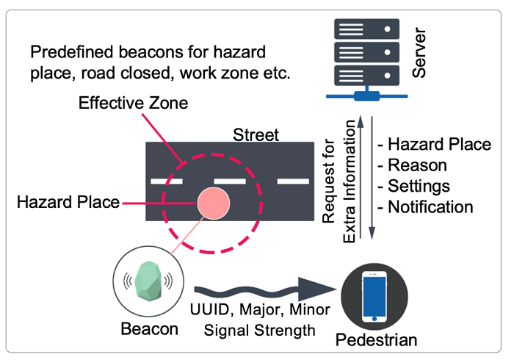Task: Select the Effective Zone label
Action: (134, 104)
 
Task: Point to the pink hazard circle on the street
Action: (213, 202)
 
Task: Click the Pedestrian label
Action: (377, 339)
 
